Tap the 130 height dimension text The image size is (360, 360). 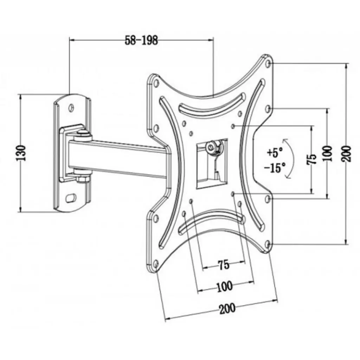pyautogui.click(x=22, y=153)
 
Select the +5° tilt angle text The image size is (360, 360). pyautogui.click(x=275, y=153)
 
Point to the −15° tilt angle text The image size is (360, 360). pyautogui.click(x=275, y=168)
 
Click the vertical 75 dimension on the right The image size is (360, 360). pyautogui.click(x=311, y=159)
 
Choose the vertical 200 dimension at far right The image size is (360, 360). pyautogui.click(x=347, y=153)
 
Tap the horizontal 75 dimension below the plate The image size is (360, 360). pyautogui.click(x=224, y=264)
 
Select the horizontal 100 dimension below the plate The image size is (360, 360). pyautogui.click(x=225, y=286)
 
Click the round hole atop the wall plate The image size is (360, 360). pyautogui.click(x=72, y=107)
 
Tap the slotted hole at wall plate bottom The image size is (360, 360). pyautogui.click(x=72, y=198)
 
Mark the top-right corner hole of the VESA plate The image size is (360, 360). pyautogui.click(x=269, y=64)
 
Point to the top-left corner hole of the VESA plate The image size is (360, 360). pyautogui.click(x=155, y=83)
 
